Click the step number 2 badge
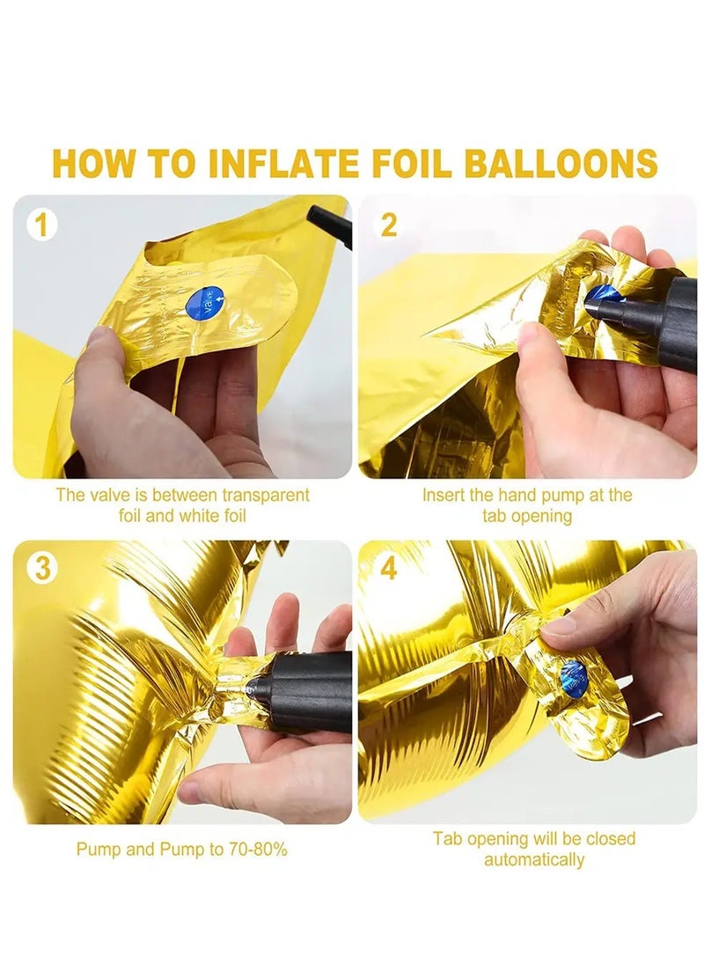point(387,225)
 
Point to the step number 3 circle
point(40,569)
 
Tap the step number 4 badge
point(387,569)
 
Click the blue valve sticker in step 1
point(206,304)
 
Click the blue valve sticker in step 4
point(573,679)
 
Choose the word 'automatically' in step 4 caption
point(534,859)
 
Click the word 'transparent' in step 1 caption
point(260,495)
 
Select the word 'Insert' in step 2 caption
point(444,495)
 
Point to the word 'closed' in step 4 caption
point(612,838)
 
